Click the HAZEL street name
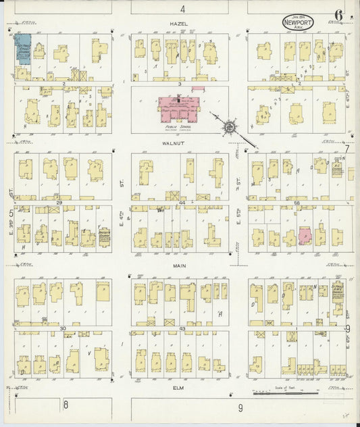click(179, 24)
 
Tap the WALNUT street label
click(179, 143)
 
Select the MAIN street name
click(179, 266)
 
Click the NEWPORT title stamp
click(298, 22)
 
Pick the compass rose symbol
click(230, 126)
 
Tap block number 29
click(59, 202)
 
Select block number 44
click(182, 202)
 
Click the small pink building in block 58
click(305, 236)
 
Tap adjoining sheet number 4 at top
click(182, 8)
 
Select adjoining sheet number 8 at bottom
click(66, 405)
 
